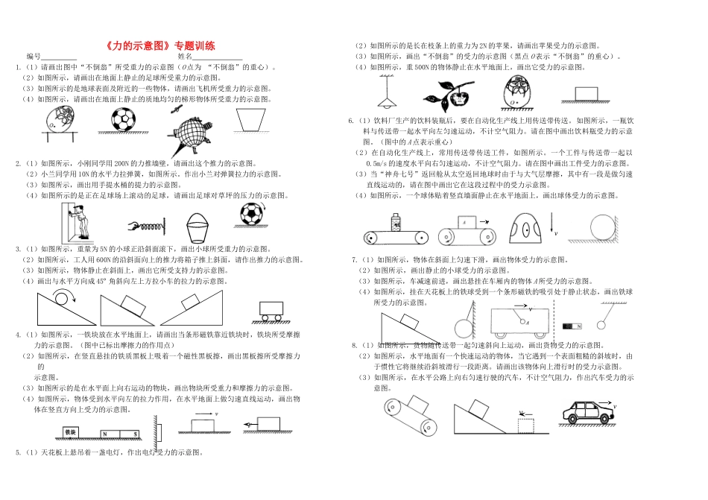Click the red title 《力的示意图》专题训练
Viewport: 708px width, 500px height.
(x=160, y=45)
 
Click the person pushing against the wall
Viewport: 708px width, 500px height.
(x=80, y=219)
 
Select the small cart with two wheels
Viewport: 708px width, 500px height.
(x=271, y=309)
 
